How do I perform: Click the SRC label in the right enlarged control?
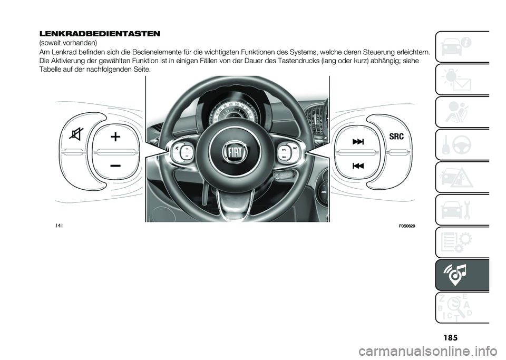pyautogui.click(x=396, y=137)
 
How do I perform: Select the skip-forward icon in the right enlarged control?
pyautogui.click(x=358, y=141)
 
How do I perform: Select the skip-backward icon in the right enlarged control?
pyautogui.click(x=358, y=166)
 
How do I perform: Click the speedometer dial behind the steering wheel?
pyautogui.click(x=232, y=111)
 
